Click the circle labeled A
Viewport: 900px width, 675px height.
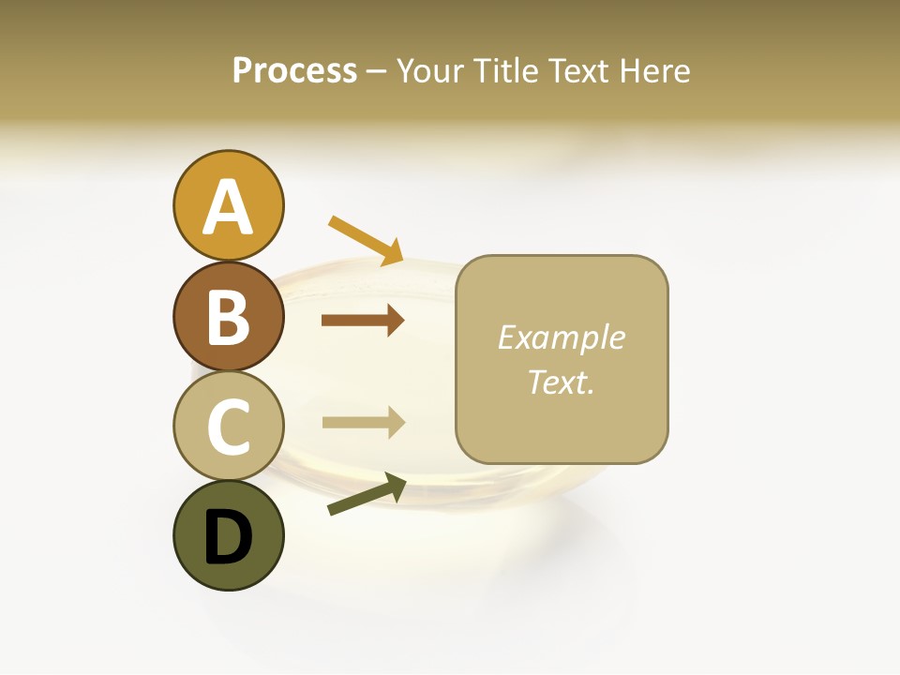(228, 205)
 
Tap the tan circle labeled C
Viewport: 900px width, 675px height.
(228, 426)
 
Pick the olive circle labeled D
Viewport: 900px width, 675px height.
(228, 535)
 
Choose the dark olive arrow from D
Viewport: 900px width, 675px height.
(367, 494)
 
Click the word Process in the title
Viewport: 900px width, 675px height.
(294, 70)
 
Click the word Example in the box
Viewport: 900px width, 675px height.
(561, 337)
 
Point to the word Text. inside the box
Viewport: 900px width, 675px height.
(561, 382)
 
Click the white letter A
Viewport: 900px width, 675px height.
(228, 207)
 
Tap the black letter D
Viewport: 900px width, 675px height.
(228, 537)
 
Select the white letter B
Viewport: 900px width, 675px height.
(228, 317)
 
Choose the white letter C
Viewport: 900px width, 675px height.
(228, 427)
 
